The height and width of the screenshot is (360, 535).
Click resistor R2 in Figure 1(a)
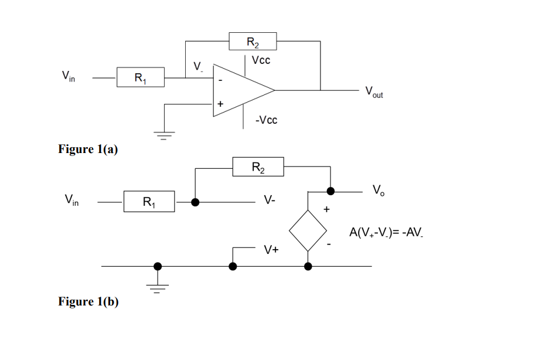pos(253,42)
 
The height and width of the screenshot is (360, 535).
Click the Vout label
pos(373,92)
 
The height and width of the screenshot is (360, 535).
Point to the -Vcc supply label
pos(266,120)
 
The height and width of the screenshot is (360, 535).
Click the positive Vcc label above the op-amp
pos(261,60)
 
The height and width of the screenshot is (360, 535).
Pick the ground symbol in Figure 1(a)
pos(165,135)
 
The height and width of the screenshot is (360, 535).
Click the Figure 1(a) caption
pos(88,150)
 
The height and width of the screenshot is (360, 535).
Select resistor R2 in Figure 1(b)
pos(258,167)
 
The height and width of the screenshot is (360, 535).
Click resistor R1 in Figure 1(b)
pos(149,202)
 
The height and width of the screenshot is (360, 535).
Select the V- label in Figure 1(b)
pos(270,201)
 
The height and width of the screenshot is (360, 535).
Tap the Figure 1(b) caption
pos(88,302)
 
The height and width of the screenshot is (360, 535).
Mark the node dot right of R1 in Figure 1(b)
pos(195,202)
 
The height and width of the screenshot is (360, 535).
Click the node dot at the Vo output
pos(330,191)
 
